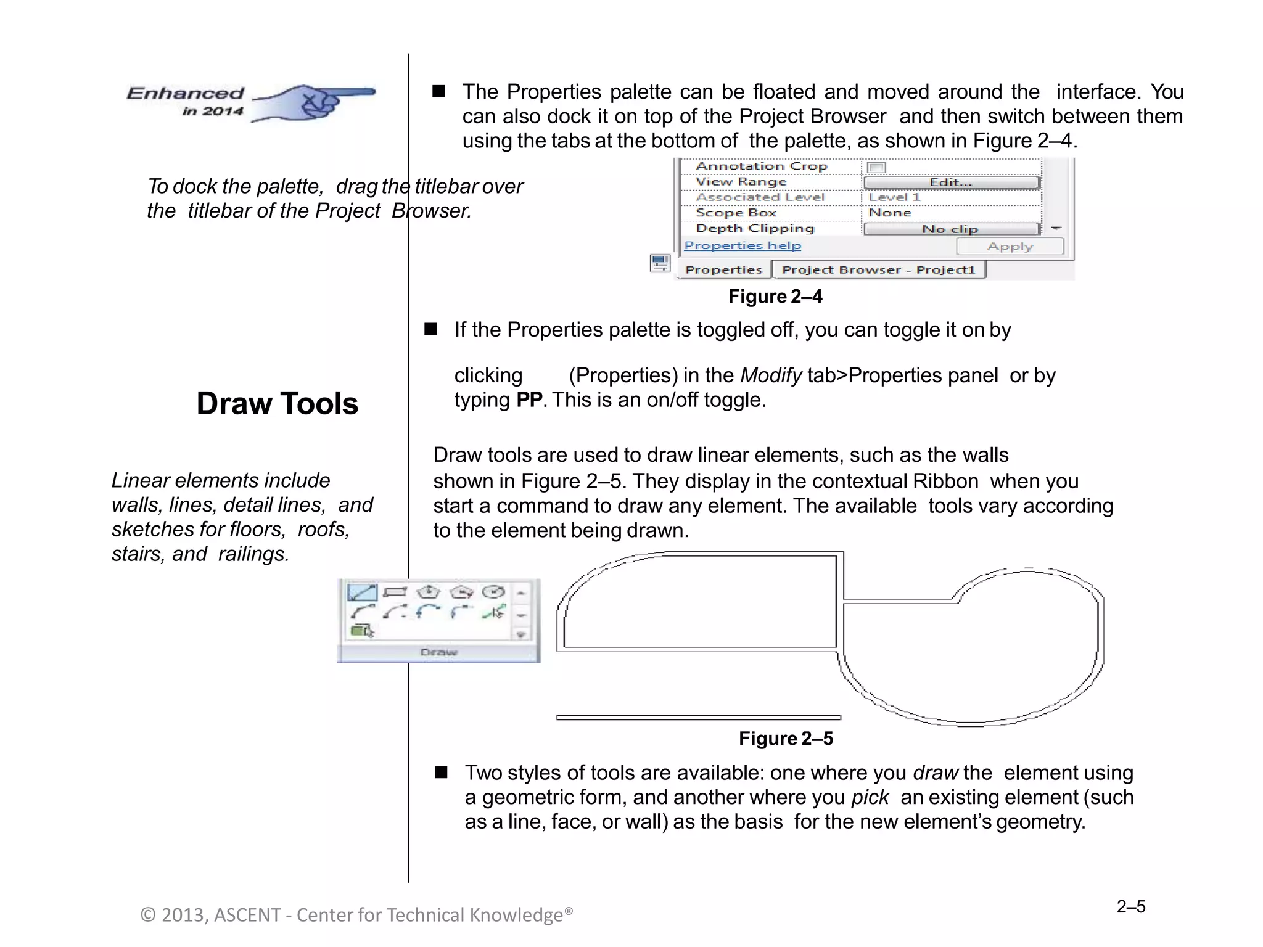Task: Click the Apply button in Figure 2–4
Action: pos(1010,247)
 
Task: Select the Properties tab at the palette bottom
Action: pos(723,270)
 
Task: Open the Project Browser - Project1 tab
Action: pos(878,270)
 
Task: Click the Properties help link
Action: pos(743,245)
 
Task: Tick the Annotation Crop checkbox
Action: pos(876,168)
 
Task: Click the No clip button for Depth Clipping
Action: pos(950,229)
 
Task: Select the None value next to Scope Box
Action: pos(890,213)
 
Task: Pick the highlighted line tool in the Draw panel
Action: pos(362,592)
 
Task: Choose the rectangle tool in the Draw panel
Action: pos(395,592)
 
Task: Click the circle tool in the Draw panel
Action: pos(493,592)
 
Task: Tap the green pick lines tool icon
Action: pos(494,612)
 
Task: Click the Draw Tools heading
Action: pos(277,404)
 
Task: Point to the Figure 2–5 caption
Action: pos(786,739)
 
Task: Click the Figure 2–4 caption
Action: pos(775,297)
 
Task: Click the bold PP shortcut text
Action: pos(529,400)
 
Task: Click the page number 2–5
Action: pos(1130,906)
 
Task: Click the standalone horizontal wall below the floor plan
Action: pos(698,718)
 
